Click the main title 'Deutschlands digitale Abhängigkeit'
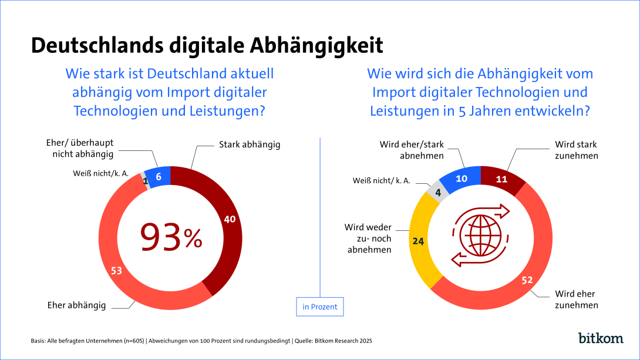(x=207, y=45)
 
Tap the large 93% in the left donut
(x=170, y=237)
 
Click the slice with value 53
(x=116, y=270)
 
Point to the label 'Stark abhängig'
(x=250, y=144)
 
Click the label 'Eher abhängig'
(x=76, y=305)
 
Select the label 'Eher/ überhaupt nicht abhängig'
(x=80, y=149)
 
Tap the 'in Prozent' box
(x=320, y=307)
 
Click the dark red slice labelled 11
(x=500, y=179)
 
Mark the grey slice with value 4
(x=437, y=193)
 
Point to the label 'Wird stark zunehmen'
(x=577, y=150)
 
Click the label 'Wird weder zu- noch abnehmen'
(x=369, y=238)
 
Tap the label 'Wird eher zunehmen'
(x=577, y=300)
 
